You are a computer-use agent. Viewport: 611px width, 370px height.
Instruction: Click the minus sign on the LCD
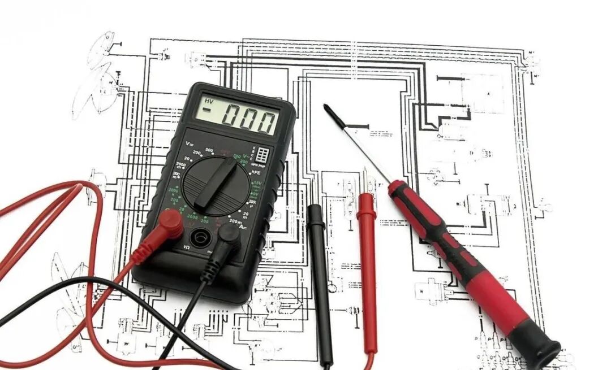208,110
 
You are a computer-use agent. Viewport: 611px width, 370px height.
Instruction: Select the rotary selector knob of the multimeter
217,183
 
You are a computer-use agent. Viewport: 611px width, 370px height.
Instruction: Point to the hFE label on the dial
256,172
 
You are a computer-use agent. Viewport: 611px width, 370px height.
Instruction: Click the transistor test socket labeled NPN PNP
263,155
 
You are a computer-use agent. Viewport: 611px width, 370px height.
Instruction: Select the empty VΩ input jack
198,237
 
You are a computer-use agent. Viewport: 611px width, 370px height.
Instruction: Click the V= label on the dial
189,145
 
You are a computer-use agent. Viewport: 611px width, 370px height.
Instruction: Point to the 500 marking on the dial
209,150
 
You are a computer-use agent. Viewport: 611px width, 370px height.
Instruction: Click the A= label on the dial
243,227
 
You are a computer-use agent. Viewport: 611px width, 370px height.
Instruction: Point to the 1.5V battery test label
257,184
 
